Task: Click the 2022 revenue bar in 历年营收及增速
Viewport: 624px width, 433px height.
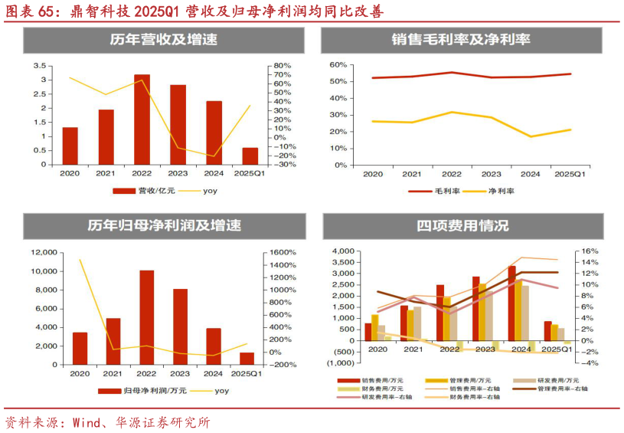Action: (142, 119)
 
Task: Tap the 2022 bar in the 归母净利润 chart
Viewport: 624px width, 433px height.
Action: (146, 317)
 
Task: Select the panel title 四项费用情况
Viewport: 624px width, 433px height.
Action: (462, 226)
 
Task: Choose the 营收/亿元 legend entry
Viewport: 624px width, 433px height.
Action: (142, 190)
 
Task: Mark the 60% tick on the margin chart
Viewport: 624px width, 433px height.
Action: (338, 65)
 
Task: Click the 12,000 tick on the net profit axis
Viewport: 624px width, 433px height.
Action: (44, 253)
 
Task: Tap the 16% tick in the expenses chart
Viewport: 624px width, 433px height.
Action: (587, 251)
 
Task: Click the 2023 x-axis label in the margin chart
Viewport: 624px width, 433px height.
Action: (491, 175)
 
